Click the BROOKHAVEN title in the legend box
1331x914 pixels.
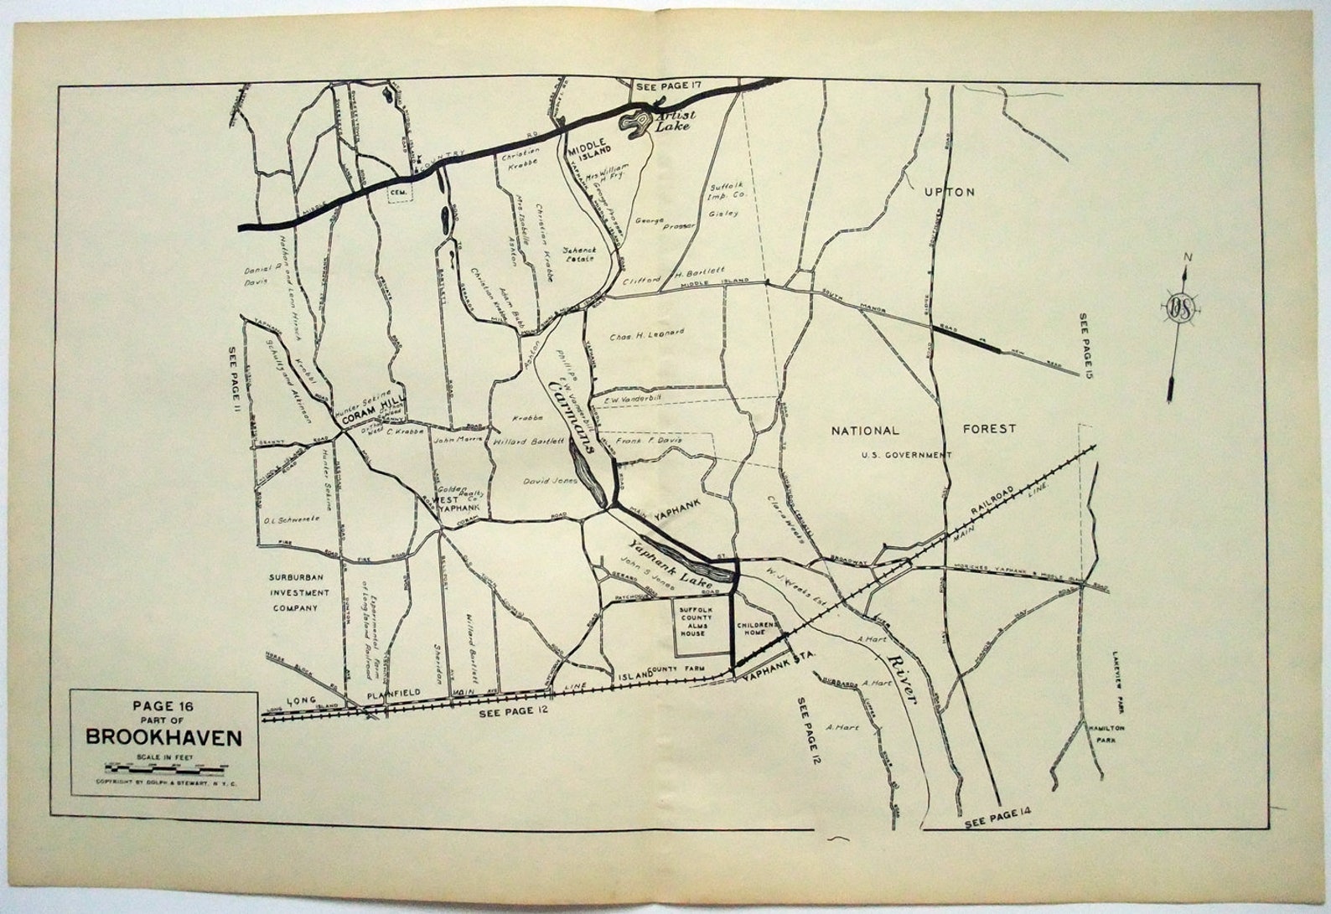coord(164,738)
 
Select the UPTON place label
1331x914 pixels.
coord(950,192)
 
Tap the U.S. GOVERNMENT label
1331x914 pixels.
coord(906,455)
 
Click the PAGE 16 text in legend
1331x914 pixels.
coord(164,705)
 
